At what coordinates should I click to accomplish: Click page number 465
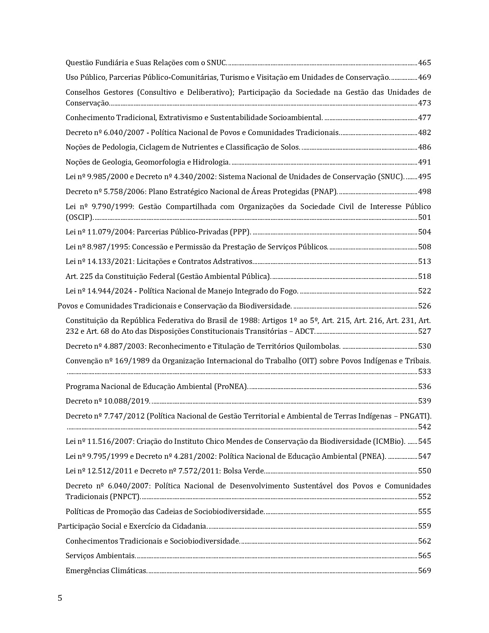(x=424, y=63)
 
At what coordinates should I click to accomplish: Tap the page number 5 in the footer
(x=59, y=598)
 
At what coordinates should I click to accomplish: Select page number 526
(x=424, y=306)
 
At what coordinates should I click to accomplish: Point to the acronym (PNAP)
(x=324, y=192)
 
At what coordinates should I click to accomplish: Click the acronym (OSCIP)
(x=79, y=218)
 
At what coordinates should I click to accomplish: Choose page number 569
(x=424, y=571)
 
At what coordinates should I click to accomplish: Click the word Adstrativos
(x=231, y=262)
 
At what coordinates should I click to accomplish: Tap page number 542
(x=424, y=427)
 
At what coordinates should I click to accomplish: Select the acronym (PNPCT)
(x=125, y=497)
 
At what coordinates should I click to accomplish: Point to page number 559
(x=424, y=526)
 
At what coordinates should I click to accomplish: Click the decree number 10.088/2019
(x=128, y=401)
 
